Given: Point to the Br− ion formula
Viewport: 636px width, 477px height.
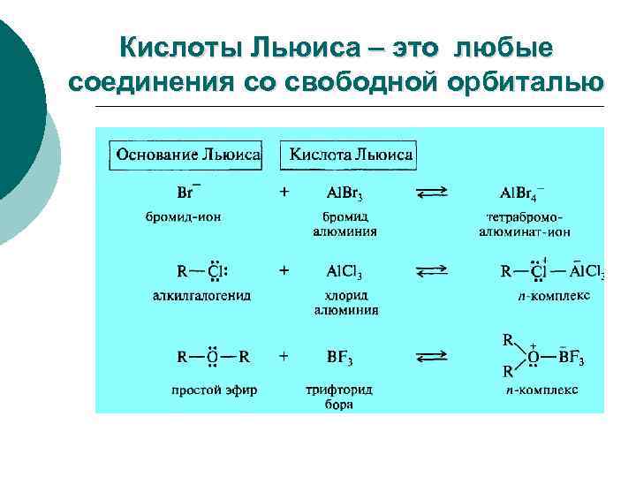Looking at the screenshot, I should point(188,193).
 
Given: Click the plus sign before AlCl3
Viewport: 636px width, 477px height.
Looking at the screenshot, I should point(284,270).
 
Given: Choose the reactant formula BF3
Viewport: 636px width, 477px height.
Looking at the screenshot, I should point(341,358).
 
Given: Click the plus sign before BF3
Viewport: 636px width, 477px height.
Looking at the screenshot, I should point(284,356).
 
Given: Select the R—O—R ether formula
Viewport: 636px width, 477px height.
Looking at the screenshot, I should point(213,357).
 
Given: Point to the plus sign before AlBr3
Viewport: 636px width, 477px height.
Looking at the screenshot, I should point(284,191).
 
